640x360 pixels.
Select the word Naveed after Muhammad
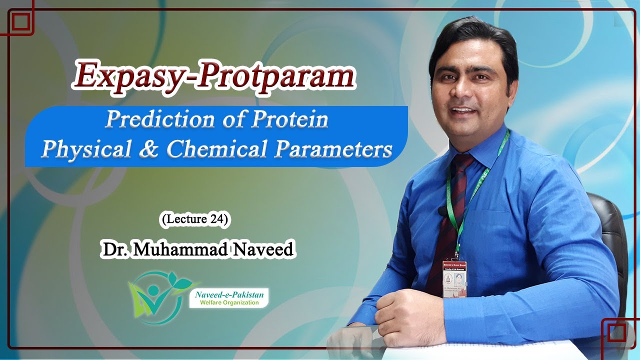pos(263,248)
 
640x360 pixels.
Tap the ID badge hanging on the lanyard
pos(454,277)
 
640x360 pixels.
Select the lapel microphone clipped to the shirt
pos(442,212)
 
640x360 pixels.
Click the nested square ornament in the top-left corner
pos(20,21)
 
